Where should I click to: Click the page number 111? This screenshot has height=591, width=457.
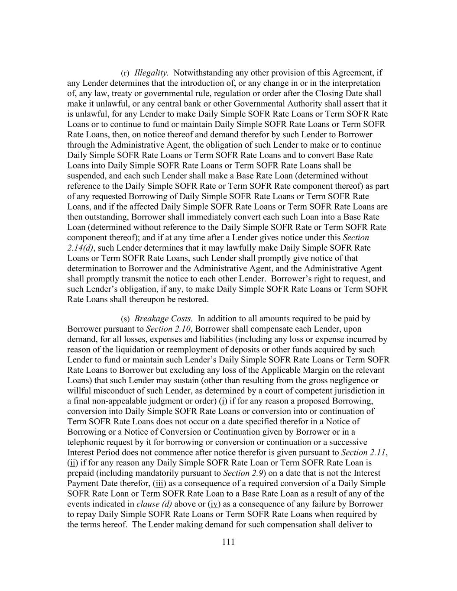pos(228,542)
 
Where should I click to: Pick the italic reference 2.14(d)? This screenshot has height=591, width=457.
pos(80,248)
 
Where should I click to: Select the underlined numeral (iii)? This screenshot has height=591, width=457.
pos(159,484)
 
